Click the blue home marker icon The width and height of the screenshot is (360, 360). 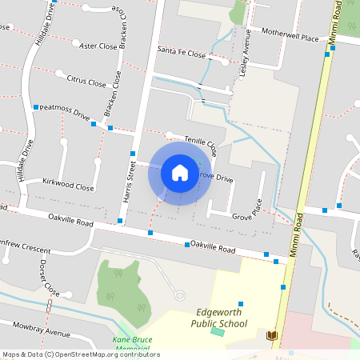pos(180,173)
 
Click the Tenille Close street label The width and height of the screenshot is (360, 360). pos(201,144)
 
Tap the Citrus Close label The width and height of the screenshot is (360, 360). pos(86,82)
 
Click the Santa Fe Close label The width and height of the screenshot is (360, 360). pos(181,53)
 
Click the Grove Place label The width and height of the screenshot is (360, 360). pos(247,214)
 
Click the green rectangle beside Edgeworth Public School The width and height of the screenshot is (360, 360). pos(218,332)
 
